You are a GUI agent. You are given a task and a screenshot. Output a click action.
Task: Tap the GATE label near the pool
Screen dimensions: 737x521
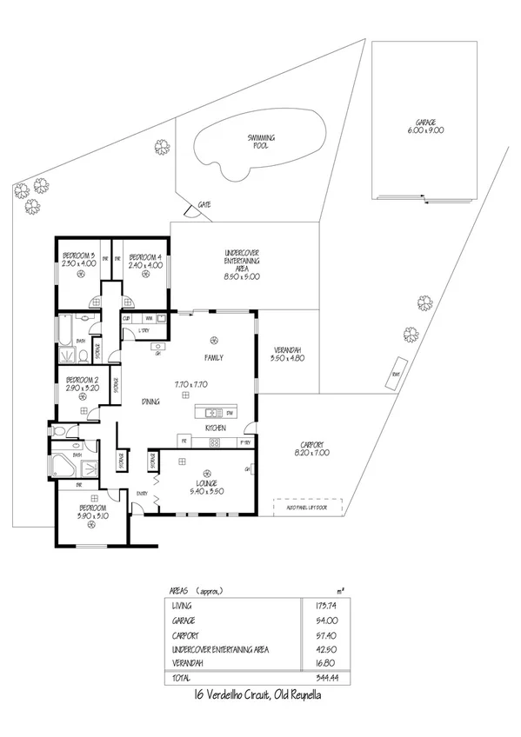tap(204, 203)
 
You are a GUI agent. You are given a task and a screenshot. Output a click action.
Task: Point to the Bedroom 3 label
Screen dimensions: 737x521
tap(79, 260)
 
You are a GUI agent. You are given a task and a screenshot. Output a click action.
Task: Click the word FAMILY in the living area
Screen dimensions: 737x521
tap(213, 357)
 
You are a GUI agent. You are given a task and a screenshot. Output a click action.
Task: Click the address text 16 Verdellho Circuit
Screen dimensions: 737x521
tap(260, 696)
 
